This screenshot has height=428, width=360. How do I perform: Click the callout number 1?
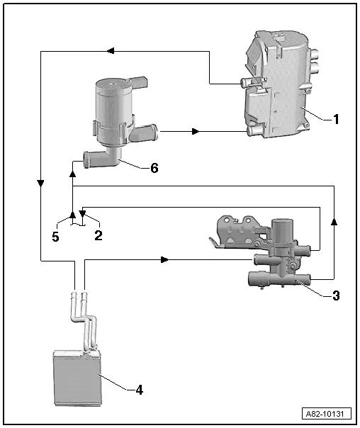[337, 119]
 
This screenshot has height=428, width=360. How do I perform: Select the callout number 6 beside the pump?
[154, 168]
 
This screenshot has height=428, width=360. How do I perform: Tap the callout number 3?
[335, 295]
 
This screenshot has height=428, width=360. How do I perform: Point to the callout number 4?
[140, 389]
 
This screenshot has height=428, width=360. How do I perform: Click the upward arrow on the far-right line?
[334, 221]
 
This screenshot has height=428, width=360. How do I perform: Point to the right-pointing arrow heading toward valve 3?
[165, 260]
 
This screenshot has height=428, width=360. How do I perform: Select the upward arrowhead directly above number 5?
[72, 213]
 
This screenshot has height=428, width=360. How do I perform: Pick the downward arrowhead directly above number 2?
[82, 213]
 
